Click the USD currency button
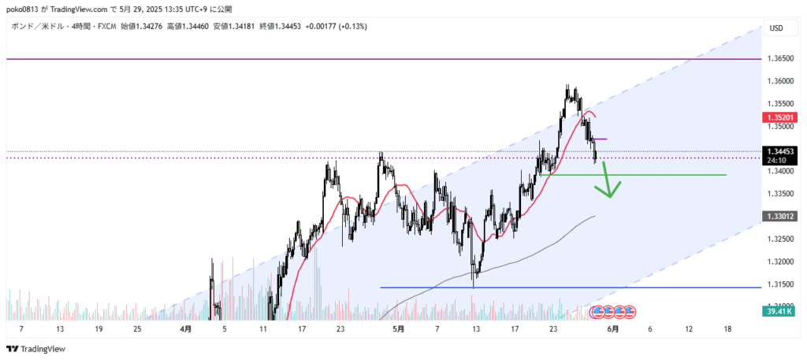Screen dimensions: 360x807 (775, 29)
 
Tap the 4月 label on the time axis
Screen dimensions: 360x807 (185, 328)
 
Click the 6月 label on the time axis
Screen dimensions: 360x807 (612, 328)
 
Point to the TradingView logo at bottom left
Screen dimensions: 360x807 (36, 349)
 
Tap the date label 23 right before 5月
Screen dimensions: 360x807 (339, 328)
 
